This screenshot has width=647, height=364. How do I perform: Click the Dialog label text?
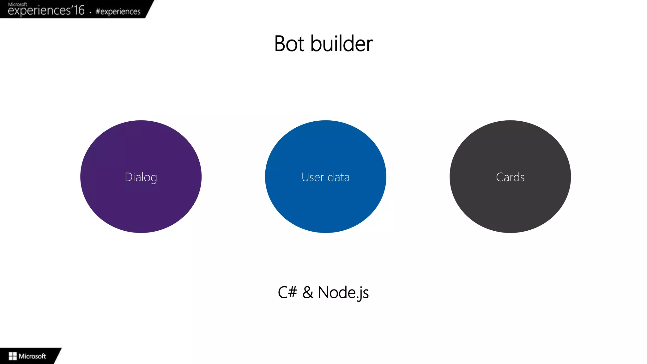(x=141, y=177)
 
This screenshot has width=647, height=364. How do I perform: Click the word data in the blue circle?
(x=339, y=177)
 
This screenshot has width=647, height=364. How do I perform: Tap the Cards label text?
(x=510, y=177)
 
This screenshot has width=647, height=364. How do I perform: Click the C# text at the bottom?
(x=287, y=292)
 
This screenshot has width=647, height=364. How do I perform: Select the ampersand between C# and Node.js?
(x=308, y=293)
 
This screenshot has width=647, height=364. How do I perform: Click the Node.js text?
(x=343, y=293)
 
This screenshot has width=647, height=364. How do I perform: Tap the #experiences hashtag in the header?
(x=118, y=12)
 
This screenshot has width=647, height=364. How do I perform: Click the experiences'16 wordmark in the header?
(x=39, y=11)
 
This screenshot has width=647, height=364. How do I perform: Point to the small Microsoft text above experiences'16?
(x=17, y=4)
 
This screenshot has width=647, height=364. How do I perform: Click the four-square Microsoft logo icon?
(x=13, y=356)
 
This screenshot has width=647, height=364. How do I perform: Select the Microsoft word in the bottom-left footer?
(x=32, y=356)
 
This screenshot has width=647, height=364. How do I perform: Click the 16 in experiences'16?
(x=79, y=10)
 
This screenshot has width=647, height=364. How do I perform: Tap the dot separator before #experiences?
(x=90, y=13)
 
